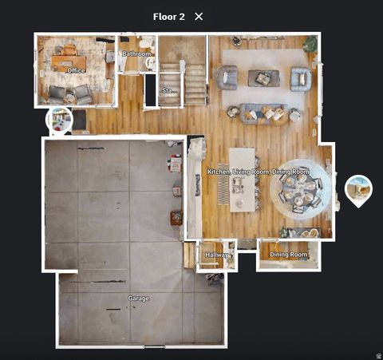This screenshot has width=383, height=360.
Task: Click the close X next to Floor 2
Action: [199, 16]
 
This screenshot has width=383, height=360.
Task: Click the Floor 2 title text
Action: [169, 16]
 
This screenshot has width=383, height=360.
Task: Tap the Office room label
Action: [76, 71]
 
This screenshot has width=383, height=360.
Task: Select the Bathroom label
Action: [136, 54]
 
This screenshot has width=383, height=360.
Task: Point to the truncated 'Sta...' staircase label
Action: [169, 90]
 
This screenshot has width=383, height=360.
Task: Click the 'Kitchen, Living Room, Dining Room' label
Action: [258, 172]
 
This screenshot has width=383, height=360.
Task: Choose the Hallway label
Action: [216, 255]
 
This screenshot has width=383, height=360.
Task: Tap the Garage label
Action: [138, 299]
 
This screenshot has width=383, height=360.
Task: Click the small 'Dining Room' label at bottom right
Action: [288, 255]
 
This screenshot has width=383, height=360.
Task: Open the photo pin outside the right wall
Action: [358, 188]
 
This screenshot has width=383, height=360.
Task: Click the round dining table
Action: [300, 191]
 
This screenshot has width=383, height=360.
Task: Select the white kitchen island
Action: [242, 179]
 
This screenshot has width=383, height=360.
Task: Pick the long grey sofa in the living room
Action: [263, 113]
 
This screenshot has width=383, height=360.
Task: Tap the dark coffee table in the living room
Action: [263, 77]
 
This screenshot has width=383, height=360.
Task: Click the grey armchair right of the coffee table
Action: [300, 78]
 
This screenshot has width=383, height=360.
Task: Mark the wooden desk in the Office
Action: [69, 61]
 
